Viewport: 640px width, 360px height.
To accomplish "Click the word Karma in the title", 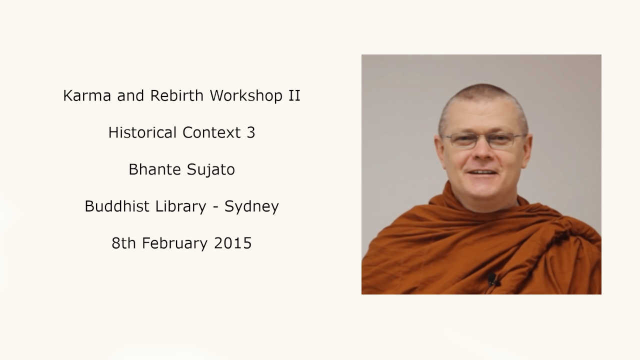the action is point(87,95).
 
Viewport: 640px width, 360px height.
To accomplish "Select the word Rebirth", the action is point(176,95).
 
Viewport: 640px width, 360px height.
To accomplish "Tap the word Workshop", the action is point(246,95).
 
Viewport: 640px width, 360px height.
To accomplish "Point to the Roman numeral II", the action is point(294,95).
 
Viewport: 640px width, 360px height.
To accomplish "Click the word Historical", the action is point(142,132).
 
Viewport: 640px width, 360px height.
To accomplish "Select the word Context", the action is point(211,132).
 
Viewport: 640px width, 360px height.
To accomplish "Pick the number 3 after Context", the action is point(251,132).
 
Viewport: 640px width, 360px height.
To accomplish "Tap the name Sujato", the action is point(211,170).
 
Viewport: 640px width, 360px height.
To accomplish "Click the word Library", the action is point(180,207).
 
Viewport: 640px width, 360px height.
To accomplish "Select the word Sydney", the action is point(251,207).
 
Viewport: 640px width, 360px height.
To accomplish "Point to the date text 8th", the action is point(123,243).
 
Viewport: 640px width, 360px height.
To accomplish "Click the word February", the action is point(174,243).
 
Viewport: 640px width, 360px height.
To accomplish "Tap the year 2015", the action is point(232,243).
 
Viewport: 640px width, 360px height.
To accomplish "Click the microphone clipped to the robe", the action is point(492,279).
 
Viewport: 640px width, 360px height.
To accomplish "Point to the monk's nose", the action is point(483,151).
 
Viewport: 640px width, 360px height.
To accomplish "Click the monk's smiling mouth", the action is point(482,172).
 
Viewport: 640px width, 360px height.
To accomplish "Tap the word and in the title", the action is point(130,95).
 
